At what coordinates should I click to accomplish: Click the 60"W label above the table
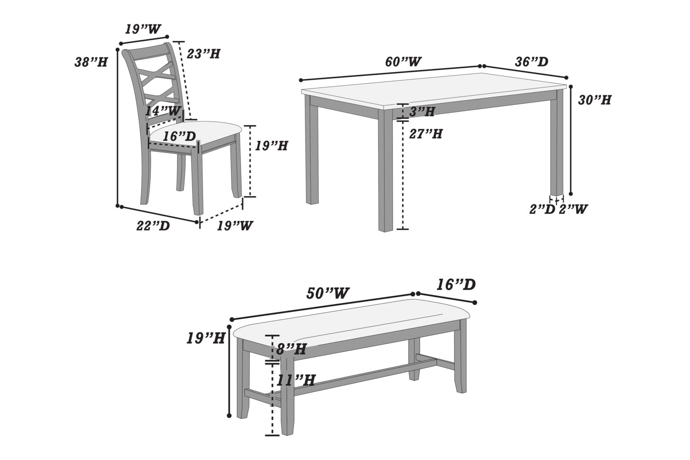tap(403, 61)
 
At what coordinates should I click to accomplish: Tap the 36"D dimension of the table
tap(531, 62)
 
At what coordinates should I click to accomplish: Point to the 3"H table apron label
tap(422, 111)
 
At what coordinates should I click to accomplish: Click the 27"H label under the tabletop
tap(426, 134)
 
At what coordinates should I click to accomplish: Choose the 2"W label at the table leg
tap(573, 209)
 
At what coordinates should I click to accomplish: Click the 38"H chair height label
tap(91, 62)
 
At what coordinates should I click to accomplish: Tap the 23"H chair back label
tap(203, 54)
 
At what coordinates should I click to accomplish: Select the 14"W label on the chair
tap(164, 110)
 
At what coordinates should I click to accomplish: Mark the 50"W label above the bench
tap(328, 293)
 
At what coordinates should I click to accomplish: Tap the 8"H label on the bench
tap(291, 349)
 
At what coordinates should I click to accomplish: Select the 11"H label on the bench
tap(296, 380)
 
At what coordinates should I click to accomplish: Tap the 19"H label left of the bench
tap(205, 339)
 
